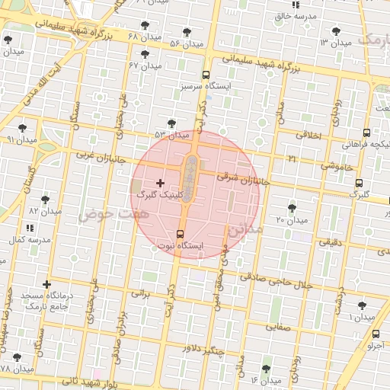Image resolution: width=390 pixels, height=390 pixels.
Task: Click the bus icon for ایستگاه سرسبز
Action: (206, 75)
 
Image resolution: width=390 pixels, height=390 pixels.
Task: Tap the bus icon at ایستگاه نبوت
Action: (180, 234)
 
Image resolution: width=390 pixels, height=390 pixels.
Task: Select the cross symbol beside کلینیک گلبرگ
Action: (159, 183)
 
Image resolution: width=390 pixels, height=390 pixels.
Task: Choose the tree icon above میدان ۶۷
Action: (145, 54)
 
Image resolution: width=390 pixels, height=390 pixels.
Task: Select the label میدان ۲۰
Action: (290, 220)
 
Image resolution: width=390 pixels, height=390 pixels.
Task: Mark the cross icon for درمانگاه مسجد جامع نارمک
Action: (47, 284)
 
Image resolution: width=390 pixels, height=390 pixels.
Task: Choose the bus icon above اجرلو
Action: (376, 334)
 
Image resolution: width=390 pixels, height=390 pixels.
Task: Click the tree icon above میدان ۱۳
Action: (336, 31)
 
